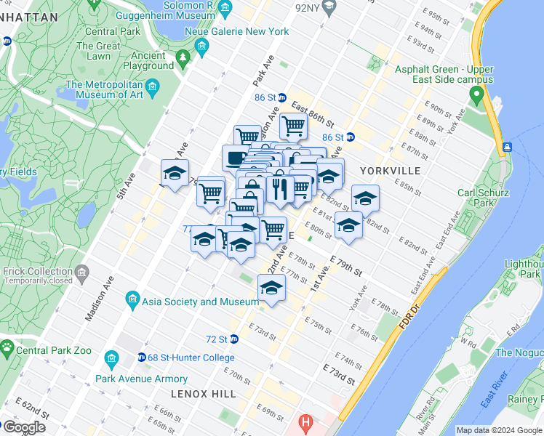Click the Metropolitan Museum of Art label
tap(104, 89)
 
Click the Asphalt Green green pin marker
tap(476, 94)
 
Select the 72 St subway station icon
tap(233, 339)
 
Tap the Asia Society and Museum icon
tap(132, 299)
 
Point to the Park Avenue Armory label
tap(141, 379)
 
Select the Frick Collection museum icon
tap(81, 274)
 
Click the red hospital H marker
tap(305, 422)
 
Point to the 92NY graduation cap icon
tap(329, 8)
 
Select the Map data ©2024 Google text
tap(497, 430)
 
